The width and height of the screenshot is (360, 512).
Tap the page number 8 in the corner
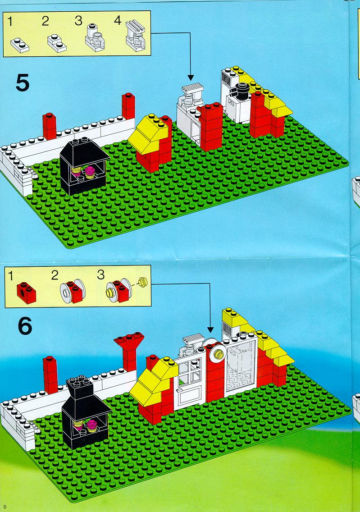(5, 507)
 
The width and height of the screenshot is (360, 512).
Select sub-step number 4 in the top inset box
(118, 21)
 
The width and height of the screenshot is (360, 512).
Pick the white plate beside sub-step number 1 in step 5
(19, 45)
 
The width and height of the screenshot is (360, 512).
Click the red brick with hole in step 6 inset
(26, 293)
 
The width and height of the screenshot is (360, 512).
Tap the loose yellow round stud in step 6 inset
(143, 281)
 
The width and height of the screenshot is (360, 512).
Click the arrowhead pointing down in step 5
(191, 78)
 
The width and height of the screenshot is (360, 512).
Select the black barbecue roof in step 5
(85, 151)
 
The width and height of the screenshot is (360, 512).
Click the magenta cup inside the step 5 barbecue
(91, 171)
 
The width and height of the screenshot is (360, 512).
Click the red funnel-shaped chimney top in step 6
(129, 342)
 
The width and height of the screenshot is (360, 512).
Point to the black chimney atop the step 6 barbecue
(79, 389)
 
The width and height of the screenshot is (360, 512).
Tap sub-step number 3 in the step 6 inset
(101, 274)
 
